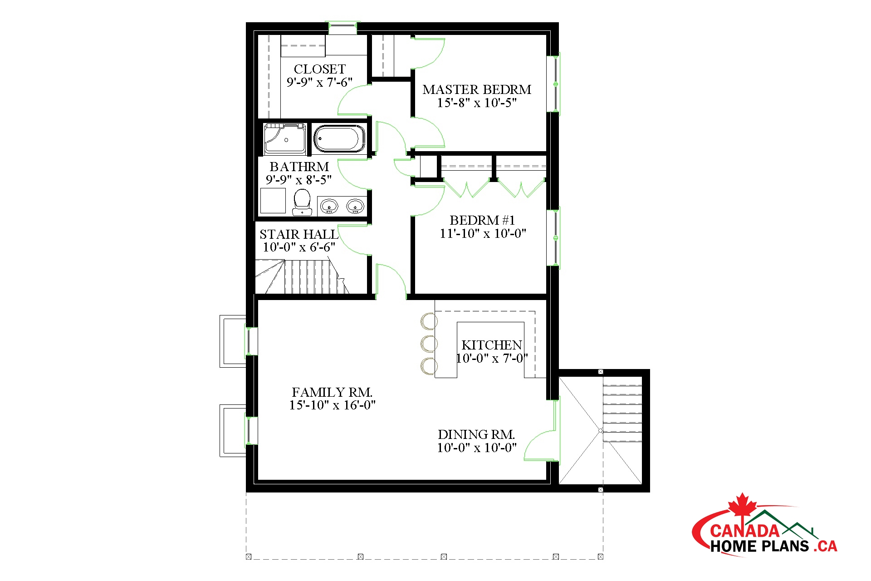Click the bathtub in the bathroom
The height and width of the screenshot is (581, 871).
click(x=339, y=139)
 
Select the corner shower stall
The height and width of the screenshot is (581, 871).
click(x=285, y=138)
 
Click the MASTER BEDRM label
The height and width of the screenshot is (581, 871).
click(x=477, y=89)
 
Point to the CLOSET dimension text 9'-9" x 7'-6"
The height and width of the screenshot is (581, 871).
click(x=319, y=82)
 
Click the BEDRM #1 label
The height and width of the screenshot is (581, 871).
click(x=482, y=220)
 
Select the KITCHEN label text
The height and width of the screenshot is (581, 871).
click(x=492, y=345)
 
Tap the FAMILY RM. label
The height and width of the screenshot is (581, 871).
click(x=332, y=392)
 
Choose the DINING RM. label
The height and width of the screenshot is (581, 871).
click(x=476, y=434)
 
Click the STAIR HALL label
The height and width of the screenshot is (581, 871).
click(x=299, y=234)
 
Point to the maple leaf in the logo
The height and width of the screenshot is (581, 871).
click(x=743, y=505)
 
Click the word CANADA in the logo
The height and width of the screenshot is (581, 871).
click(x=744, y=531)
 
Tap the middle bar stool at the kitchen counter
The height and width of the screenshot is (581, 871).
click(x=429, y=344)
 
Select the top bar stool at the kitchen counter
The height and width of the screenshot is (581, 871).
click(x=429, y=321)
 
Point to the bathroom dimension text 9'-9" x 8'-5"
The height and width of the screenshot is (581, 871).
click(x=298, y=180)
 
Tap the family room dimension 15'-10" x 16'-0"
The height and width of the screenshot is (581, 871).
click(x=333, y=405)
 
